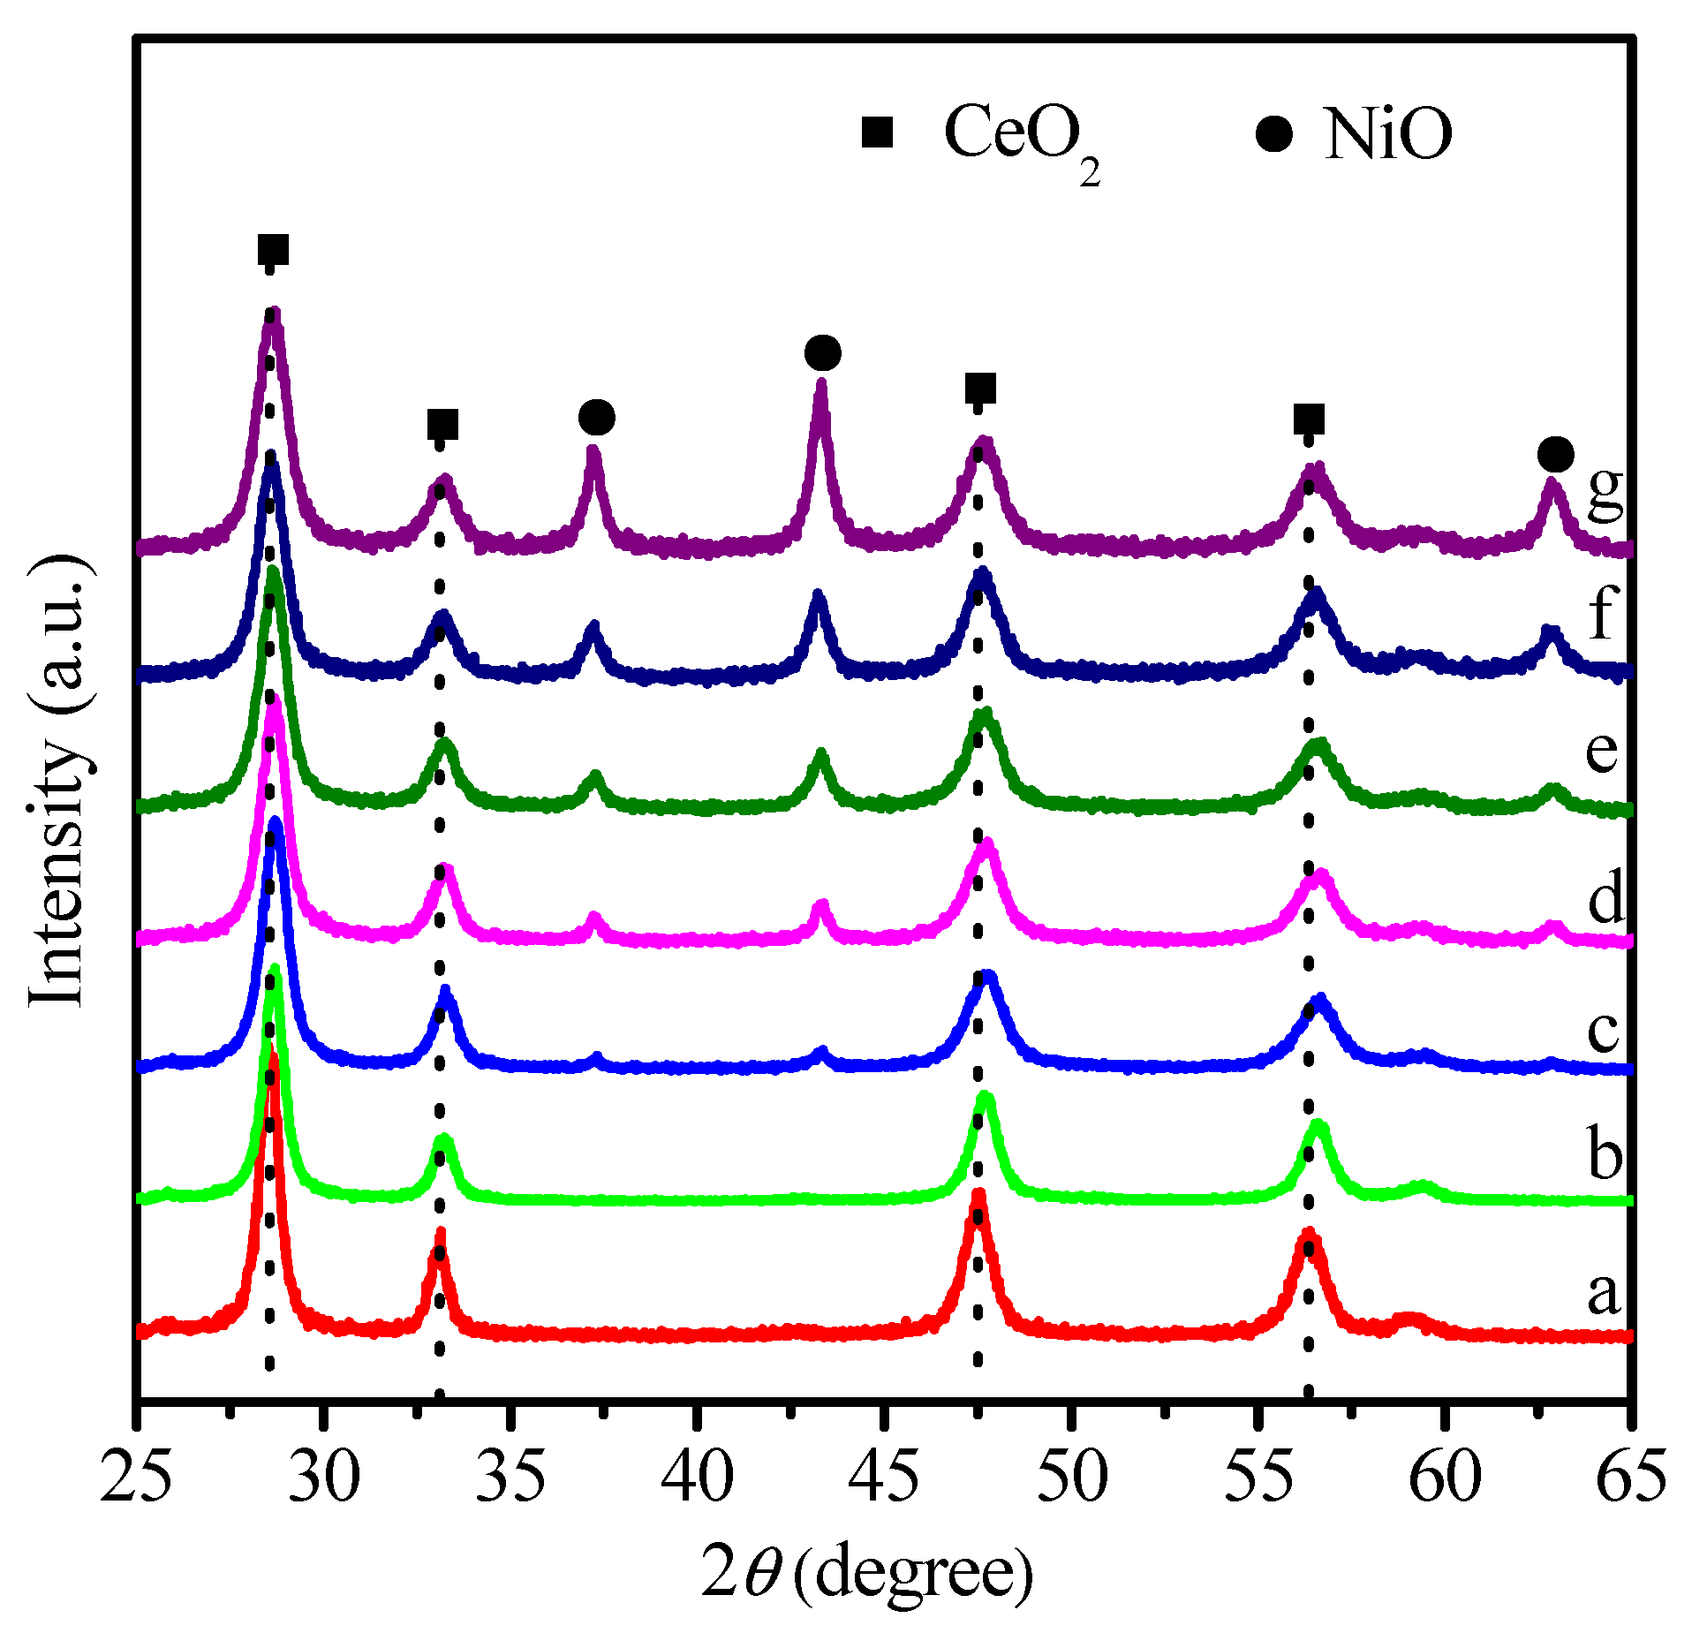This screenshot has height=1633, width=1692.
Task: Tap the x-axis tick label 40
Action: point(697,1477)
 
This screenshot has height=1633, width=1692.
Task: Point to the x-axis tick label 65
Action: point(1630,1477)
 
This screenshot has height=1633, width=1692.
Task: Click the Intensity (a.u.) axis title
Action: point(60,782)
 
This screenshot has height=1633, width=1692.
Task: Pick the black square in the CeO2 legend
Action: point(878,132)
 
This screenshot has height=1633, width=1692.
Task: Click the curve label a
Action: point(1604,1294)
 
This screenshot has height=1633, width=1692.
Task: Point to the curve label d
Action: point(1605,898)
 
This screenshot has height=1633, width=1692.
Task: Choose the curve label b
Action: point(1605,1155)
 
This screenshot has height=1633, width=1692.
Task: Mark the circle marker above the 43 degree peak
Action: point(822,353)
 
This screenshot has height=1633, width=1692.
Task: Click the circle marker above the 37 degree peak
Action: point(597,417)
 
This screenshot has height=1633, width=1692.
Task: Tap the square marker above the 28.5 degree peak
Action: point(273,250)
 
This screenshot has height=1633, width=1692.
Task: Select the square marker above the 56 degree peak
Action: point(1309,419)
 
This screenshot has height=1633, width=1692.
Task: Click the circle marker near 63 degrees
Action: point(1555,454)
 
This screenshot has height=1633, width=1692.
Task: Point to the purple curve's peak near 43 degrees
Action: point(821,385)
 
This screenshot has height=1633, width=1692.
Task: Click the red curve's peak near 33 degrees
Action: point(440,1235)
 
